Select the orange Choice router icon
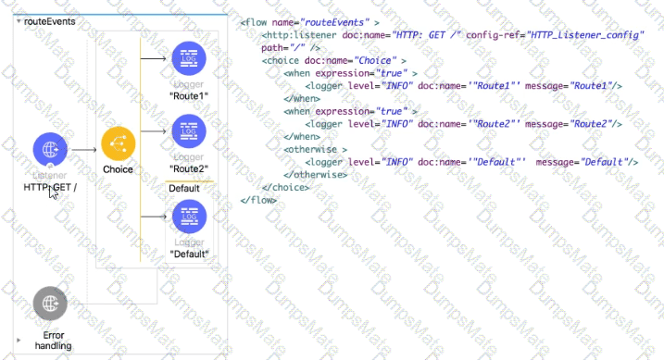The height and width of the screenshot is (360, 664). pos(118,143)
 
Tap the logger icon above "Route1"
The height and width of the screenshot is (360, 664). pos(189,59)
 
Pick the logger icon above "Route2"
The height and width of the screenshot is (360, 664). pos(189,131)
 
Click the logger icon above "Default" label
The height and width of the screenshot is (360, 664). pos(189,217)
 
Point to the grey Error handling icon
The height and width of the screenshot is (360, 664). pos(51,304)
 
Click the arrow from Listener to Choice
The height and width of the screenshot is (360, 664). pos(84,149)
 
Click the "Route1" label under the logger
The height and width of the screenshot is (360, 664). pos(189,95)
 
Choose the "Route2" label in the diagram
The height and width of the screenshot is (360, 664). pos(189,168)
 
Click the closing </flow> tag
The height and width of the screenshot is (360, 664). pos(257,200)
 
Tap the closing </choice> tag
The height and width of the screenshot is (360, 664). pos(285,187)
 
